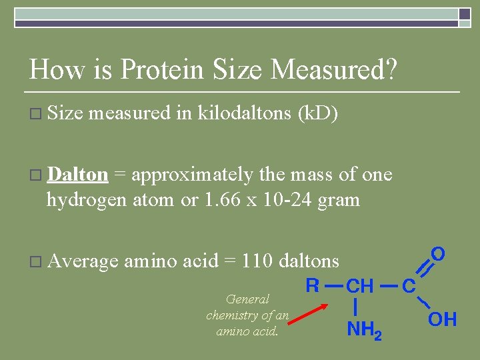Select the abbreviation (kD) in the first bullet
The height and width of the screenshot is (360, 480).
[x=319, y=114]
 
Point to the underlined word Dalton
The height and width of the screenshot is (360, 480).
[x=78, y=175]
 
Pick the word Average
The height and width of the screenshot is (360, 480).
[x=83, y=260]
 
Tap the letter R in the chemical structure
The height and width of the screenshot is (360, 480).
[x=312, y=286]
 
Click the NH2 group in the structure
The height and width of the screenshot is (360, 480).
[x=364, y=329]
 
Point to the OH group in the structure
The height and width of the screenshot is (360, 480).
[x=442, y=320]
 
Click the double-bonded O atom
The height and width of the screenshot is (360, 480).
[x=438, y=254]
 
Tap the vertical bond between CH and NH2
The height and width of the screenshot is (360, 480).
[x=358, y=307]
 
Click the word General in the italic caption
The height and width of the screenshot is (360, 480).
[x=248, y=299]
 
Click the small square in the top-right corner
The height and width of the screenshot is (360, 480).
[x=465, y=15]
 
